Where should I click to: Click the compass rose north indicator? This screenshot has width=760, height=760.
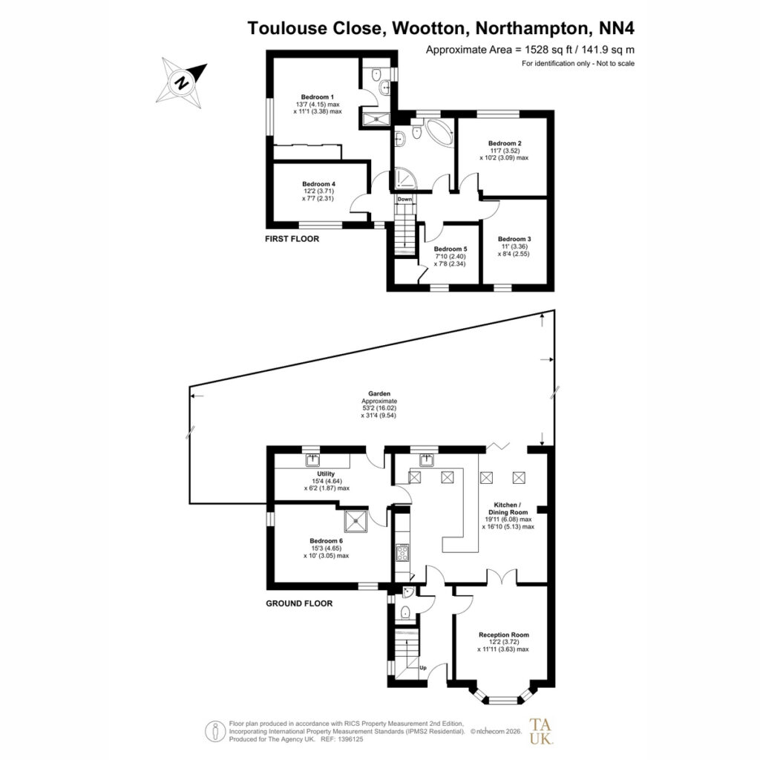click(x=182, y=82)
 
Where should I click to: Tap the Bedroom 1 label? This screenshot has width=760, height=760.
click(x=318, y=97)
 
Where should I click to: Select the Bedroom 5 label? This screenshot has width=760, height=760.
click(x=451, y=249)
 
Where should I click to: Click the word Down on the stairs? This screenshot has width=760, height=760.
click(x=404, y=199)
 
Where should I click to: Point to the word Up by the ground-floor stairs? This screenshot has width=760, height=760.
click(x=422, y=667)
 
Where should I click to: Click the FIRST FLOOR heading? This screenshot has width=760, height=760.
click(x=292, y=239)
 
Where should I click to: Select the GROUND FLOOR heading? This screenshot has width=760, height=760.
click(x=299, y=603)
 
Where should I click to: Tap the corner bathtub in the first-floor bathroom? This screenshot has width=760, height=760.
click(x=439, y=130)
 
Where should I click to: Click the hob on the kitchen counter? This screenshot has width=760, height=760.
click(x=402, y=553)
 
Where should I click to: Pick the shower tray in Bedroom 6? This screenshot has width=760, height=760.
click(x=356, y=521)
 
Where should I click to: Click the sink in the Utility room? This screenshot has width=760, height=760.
click(x=312, y=459)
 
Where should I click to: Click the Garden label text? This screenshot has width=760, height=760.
click(x=379, y=394)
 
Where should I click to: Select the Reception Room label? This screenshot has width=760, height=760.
click(x=504, y=635)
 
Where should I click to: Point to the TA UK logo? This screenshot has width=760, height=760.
click(x=540, y=731)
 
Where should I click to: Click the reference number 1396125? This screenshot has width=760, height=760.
click(x=350, y=740)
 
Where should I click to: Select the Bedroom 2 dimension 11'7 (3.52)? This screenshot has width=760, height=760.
click(x=505, y=151)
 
